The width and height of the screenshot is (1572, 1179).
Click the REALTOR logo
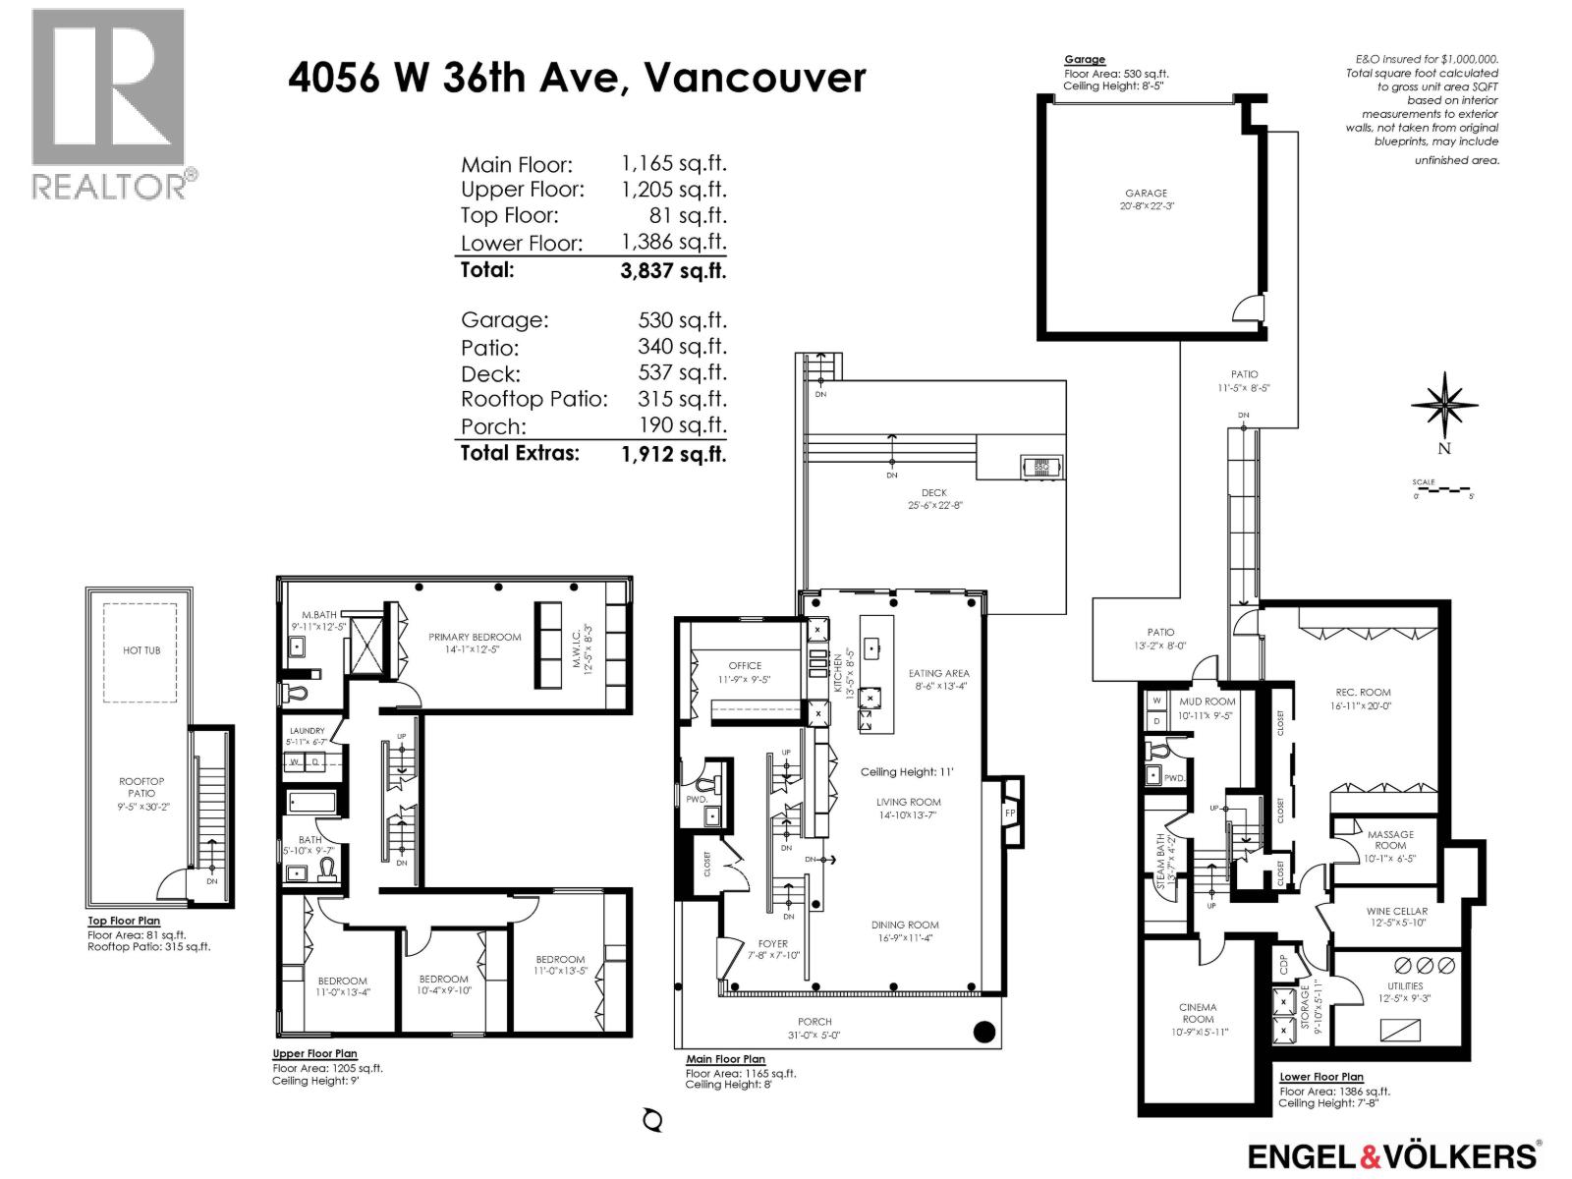pos(108,103)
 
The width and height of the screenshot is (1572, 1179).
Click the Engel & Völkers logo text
pos(1393,1154)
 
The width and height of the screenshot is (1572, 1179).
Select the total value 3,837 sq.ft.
pos(673,270)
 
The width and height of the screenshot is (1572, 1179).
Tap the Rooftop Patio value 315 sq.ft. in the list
pos(681,399)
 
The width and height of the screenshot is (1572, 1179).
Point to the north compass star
pos(1444,405)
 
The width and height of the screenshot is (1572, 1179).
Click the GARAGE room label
pos(1147,194)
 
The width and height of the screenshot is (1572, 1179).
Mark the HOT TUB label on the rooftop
pos(141,650)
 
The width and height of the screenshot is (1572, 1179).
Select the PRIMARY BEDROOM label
pos(475,637)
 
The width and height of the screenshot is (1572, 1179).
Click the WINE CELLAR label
pos(1396,911)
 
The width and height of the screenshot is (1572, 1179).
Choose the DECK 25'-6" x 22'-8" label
pos(934,498)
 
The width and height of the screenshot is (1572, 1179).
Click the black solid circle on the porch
pos(983,1032)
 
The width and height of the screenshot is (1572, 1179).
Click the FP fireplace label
pos(1009,813)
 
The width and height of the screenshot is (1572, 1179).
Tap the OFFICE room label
pos(745,665)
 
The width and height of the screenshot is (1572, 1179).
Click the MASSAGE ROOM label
pos(1390,839)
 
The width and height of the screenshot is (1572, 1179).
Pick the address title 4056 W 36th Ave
pos(577,78)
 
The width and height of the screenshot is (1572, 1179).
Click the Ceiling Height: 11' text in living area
pos(907,772)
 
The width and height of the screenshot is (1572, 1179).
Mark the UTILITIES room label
pos(1405,985)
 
